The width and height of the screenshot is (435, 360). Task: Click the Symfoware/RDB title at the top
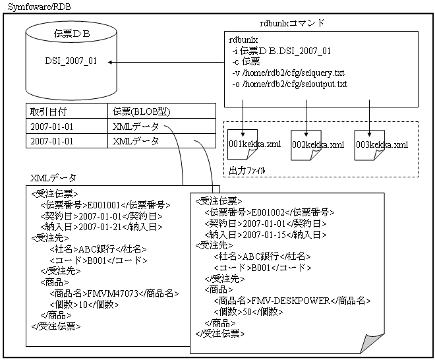(x=40, y=7)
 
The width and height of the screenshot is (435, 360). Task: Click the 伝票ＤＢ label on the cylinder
(x=72, y=34)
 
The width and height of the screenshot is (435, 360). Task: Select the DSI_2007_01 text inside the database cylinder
(x=71, y=61)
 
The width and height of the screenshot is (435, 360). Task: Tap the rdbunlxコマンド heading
(x=292, y=23)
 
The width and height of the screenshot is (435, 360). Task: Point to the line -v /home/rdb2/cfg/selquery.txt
(x=288, y=73)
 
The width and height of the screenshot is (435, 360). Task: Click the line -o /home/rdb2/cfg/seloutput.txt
(x=289, y=84)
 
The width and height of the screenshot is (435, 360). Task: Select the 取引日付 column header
(x=49, y=112)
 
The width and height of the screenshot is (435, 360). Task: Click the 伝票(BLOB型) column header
(x=142, y=111)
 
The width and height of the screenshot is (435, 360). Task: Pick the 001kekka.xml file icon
(x=243, y=144)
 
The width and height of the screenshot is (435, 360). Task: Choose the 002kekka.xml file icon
(x=306, y=145)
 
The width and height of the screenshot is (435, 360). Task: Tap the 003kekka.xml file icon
(x=370, y=145)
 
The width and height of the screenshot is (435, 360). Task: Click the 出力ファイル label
(x=247, y=170)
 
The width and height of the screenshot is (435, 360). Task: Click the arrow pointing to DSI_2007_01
(x=166, y=62)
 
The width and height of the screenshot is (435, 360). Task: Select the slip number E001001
(x=103, y=205)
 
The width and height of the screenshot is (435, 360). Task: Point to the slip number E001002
(x=268, y=212)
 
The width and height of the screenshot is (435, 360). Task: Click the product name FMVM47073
(x=113, y=293)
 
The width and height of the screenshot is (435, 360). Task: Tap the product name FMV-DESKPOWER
(x=291, y=301)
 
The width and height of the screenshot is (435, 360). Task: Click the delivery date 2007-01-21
(x=100, y=227)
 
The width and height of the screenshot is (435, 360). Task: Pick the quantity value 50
(x=247, y=312)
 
